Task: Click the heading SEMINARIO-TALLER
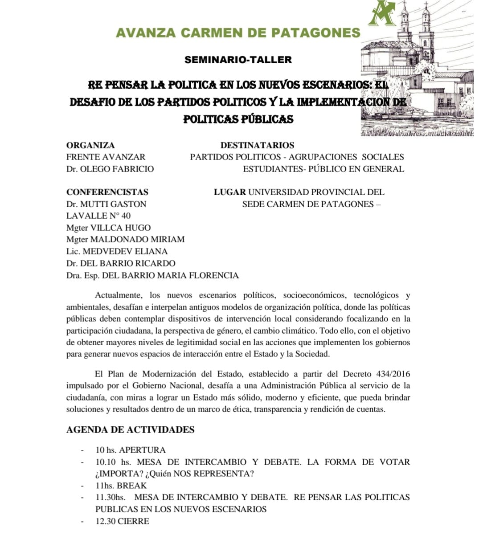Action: pos(238,60)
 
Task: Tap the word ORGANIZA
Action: pos(90,145)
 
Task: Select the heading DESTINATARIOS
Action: pos(257,145)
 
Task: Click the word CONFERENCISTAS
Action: pos(107,192)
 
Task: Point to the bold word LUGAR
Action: pos(229,192)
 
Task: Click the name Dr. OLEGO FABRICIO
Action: pos(110,169)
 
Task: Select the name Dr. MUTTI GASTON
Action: pos(106,204)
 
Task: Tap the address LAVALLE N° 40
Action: pos(98,216)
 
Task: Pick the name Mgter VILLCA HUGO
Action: pos(108,228)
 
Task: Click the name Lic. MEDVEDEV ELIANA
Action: pos(117,251)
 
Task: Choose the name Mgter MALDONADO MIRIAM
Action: pos(125,239)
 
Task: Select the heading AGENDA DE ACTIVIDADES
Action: pos(130,430)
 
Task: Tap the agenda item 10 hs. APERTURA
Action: pos(131,450)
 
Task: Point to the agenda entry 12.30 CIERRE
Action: pos(122,521)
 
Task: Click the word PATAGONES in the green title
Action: pos(322,33)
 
